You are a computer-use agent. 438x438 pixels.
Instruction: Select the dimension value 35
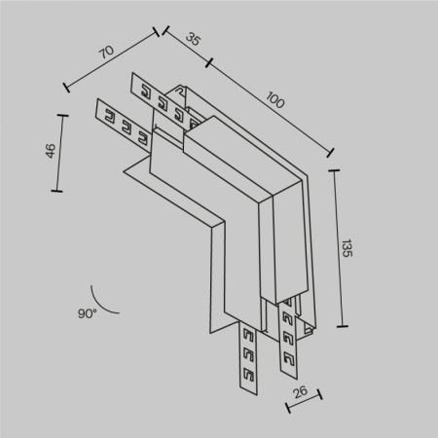click(193, 42)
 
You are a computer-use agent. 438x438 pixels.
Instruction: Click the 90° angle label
click(88, 313)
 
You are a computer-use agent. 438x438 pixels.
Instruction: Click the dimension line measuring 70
click(112, 61)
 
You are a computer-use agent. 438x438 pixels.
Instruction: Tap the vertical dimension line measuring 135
click(337, 248)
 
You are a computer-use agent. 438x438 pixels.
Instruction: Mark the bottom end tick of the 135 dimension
click(342, 326)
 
